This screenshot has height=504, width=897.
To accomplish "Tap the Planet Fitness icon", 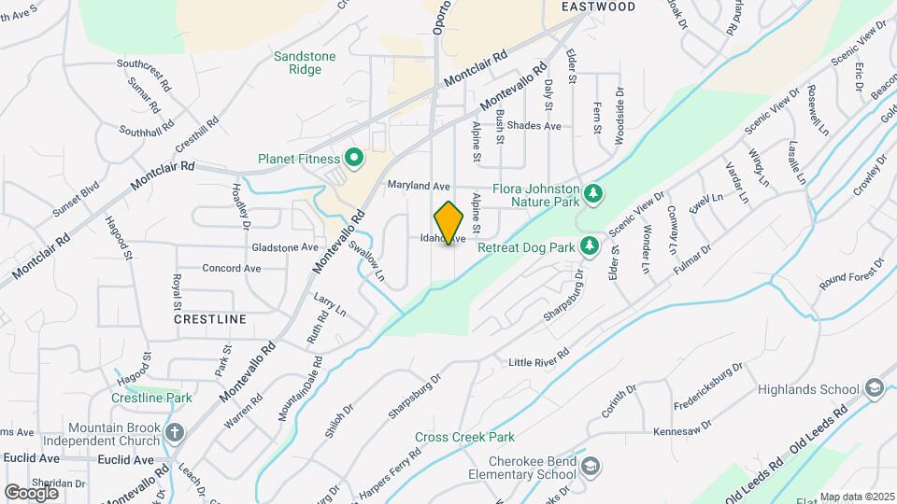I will pyautogui.click(x=354, y=158).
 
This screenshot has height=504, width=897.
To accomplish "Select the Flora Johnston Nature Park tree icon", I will pyautogui.click(x=592, y=193).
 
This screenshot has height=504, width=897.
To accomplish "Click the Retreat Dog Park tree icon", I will pyautogui.click(x=589, y=246).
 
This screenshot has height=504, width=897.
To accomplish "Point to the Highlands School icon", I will pyautogui.click(x=874, y=388).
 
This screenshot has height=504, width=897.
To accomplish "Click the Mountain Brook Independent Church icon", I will pyautogui.click(x=174, y=431).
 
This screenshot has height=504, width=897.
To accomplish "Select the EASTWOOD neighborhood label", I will pyautogui.click(x=598, y=7).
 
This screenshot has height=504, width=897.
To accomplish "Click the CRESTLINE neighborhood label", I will pyautogui.click(x=210, y=318).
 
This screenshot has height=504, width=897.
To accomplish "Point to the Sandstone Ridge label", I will pyautogui.click(x=305, y=63).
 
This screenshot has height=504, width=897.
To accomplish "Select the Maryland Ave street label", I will pyautogui.click(x=420, y=186).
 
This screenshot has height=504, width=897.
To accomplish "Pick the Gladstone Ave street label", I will pyautogui.click(x=286, y=247).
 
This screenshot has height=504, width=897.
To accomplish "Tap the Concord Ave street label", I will pyautogui.click(x=232, y=268).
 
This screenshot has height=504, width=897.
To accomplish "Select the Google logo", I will pyautogui.click(x=31, y=492).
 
